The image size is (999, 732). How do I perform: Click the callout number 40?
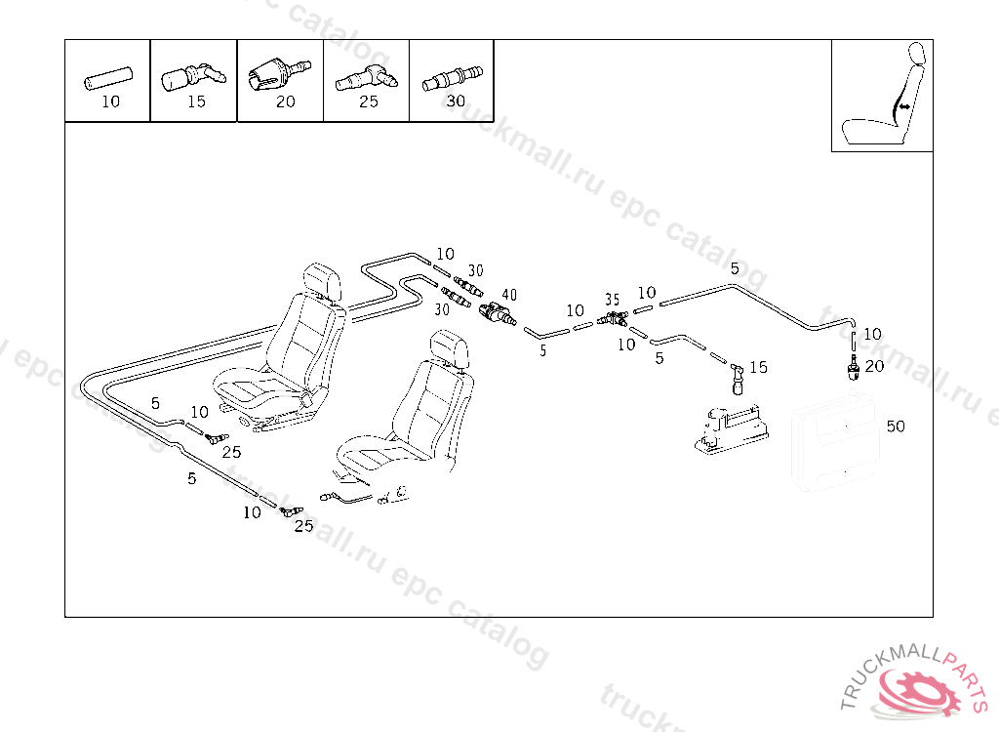pos(509,295)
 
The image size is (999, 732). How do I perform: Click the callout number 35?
pos(612,300)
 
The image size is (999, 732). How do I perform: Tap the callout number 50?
pos(896,427)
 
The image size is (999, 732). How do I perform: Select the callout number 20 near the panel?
pos(874,366)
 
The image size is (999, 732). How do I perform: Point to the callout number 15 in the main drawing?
pos(758,368)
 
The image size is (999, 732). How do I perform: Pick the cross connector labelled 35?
pos(613,318)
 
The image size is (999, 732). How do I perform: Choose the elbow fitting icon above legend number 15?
pos(191,76)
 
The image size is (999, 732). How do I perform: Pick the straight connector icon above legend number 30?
pos(453,77)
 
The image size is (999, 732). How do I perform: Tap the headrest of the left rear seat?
pos(324,279)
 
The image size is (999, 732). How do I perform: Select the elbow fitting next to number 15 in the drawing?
pos(737,372)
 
